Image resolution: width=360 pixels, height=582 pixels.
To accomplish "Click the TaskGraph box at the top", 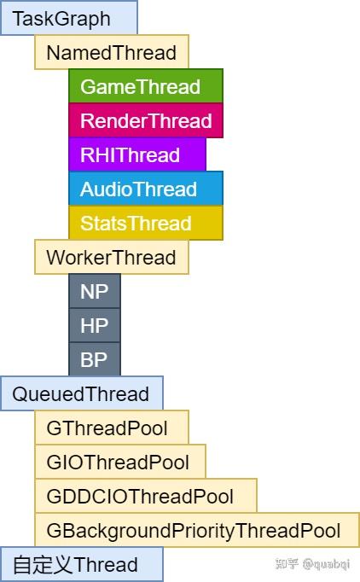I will pos(68,18).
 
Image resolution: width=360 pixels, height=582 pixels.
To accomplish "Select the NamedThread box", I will pos(111,52).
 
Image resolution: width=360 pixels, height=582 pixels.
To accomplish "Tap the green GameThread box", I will pos(145,86).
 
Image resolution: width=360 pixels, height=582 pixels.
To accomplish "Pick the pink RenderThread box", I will pos(145,120).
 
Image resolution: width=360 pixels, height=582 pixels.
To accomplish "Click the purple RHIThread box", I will pos(136,154).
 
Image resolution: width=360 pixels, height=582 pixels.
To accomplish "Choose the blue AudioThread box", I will pos(145,189).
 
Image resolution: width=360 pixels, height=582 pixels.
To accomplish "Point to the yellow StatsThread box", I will pos(145,223).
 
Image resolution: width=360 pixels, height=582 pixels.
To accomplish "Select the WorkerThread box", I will pos(111,257).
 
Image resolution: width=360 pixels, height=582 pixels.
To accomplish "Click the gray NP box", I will pos(95,291).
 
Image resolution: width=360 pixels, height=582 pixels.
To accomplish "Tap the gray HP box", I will pos(95,325).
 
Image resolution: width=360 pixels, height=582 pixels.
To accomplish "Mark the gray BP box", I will pos(95,359).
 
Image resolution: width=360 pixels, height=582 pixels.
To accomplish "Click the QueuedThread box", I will pos(81,393).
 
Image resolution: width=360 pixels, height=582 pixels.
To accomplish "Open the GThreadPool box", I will pos(111,428).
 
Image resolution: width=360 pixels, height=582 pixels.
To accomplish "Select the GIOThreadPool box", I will pos(119,462).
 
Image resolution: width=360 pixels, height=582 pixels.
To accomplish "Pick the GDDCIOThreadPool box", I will pos(145,496).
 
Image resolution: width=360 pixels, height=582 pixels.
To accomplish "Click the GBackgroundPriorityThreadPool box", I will pos(196,530).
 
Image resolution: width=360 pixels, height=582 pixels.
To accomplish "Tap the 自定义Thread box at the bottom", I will pos(81,564).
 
